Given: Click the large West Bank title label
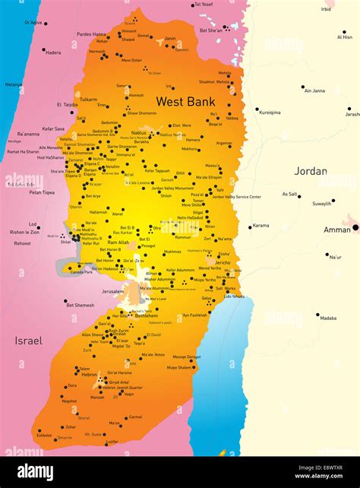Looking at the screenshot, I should tap(185, 101).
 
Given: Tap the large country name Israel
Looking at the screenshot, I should tap(27, 341).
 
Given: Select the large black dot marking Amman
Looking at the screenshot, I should tap(355, 227).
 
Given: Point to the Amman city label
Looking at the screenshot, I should tap(336, 229).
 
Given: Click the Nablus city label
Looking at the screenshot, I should tap(138, 132).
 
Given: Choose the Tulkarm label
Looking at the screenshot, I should tap(88, 100).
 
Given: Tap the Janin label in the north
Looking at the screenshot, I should tap(170, 38).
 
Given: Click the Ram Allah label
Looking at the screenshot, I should tap(118, 242).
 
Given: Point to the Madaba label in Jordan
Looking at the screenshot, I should tap(328, 318).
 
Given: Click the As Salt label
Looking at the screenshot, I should tap(290, 194).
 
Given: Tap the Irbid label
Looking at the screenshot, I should tap(327, 9).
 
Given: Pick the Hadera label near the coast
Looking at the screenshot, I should tap(53, 52).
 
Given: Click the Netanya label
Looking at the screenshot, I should tap(14, 84).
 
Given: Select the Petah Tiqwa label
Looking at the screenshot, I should tap(42, 192).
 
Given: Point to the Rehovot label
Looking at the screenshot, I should tap(22, 243).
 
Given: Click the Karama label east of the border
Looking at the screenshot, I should tap(261, 225).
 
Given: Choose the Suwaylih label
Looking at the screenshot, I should tap(322, 203).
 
